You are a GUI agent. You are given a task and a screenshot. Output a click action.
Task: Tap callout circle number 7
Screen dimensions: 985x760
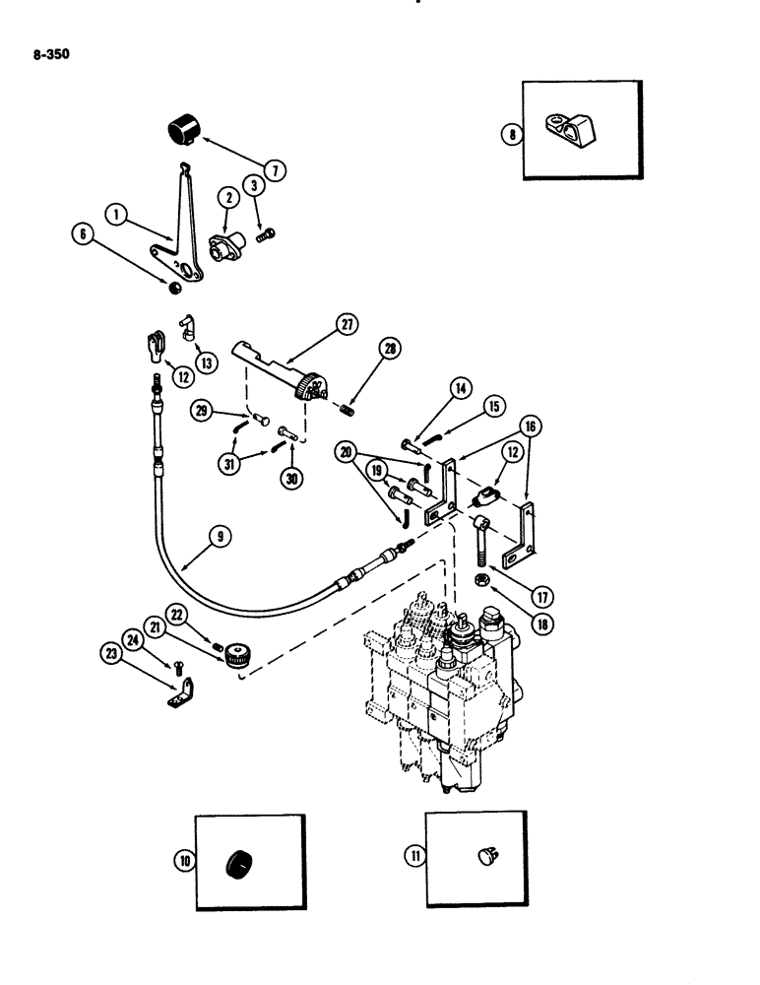tap(276, 170)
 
